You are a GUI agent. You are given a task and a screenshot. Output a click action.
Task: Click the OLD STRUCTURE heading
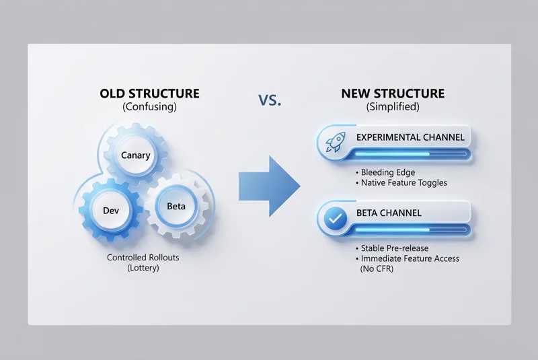click(149, 94)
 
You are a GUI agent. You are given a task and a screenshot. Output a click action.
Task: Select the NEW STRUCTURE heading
click(393, 94)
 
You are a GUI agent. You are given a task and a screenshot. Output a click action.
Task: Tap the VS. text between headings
click(270, 100)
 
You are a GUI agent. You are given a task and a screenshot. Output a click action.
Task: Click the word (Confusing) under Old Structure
click(149, 107)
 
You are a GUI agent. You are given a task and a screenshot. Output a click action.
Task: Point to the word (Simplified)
click(393, 107)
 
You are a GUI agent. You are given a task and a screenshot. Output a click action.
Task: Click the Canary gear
click(135, 155)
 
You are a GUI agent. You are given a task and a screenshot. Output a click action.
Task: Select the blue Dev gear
click(110, 211)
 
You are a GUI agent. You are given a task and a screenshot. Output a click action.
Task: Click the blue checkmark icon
click(334, 219)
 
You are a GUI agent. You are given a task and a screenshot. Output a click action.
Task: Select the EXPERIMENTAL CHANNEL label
click(410, 137)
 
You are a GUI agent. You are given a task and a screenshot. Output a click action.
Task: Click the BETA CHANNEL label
click(389, 213)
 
